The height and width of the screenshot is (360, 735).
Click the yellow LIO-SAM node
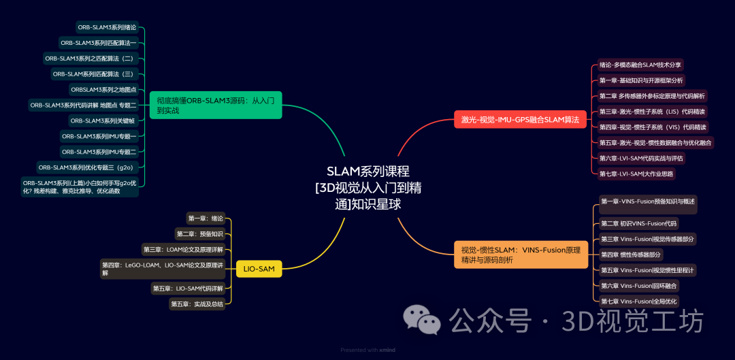click(x=259, y=269)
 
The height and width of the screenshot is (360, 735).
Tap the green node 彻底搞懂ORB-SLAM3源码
click(x=215, y=105)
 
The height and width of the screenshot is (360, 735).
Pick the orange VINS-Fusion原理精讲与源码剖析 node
click(x=521, y=255)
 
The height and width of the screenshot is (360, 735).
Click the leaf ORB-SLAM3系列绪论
click(x=107, y=27)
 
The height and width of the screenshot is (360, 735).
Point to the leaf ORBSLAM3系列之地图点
click(x=103, y=89)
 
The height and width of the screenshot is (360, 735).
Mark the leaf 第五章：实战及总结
click(x=197, y=304)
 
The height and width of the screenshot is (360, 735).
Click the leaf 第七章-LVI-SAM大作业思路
click(x=636, y=174)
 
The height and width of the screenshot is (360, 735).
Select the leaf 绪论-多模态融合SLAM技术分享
click(x=640, y=65)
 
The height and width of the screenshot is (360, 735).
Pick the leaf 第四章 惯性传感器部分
click(x=630, y=255)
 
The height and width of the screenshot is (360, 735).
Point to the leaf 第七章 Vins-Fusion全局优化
click(x=638, y=301)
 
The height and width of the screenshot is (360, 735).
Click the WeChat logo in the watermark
click(x=420, y=320)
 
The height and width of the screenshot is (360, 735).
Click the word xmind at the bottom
click(x=387, y=350)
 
